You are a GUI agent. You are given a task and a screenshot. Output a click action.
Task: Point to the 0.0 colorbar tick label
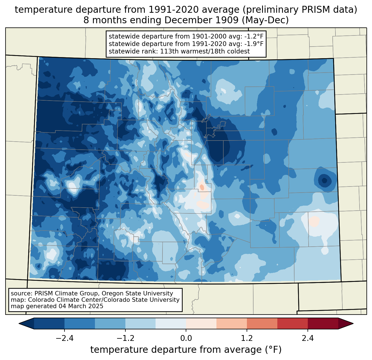(186, 338)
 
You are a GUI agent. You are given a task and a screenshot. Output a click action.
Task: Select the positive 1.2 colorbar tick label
(247, 338)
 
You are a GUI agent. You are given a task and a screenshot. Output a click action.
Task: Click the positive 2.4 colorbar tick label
(308, 338)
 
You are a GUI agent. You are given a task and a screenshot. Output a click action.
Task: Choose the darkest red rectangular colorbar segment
(323, 323)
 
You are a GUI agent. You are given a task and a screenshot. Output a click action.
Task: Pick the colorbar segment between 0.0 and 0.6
(201, 323)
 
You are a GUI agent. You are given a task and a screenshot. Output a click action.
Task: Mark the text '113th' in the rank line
(169, 51)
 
